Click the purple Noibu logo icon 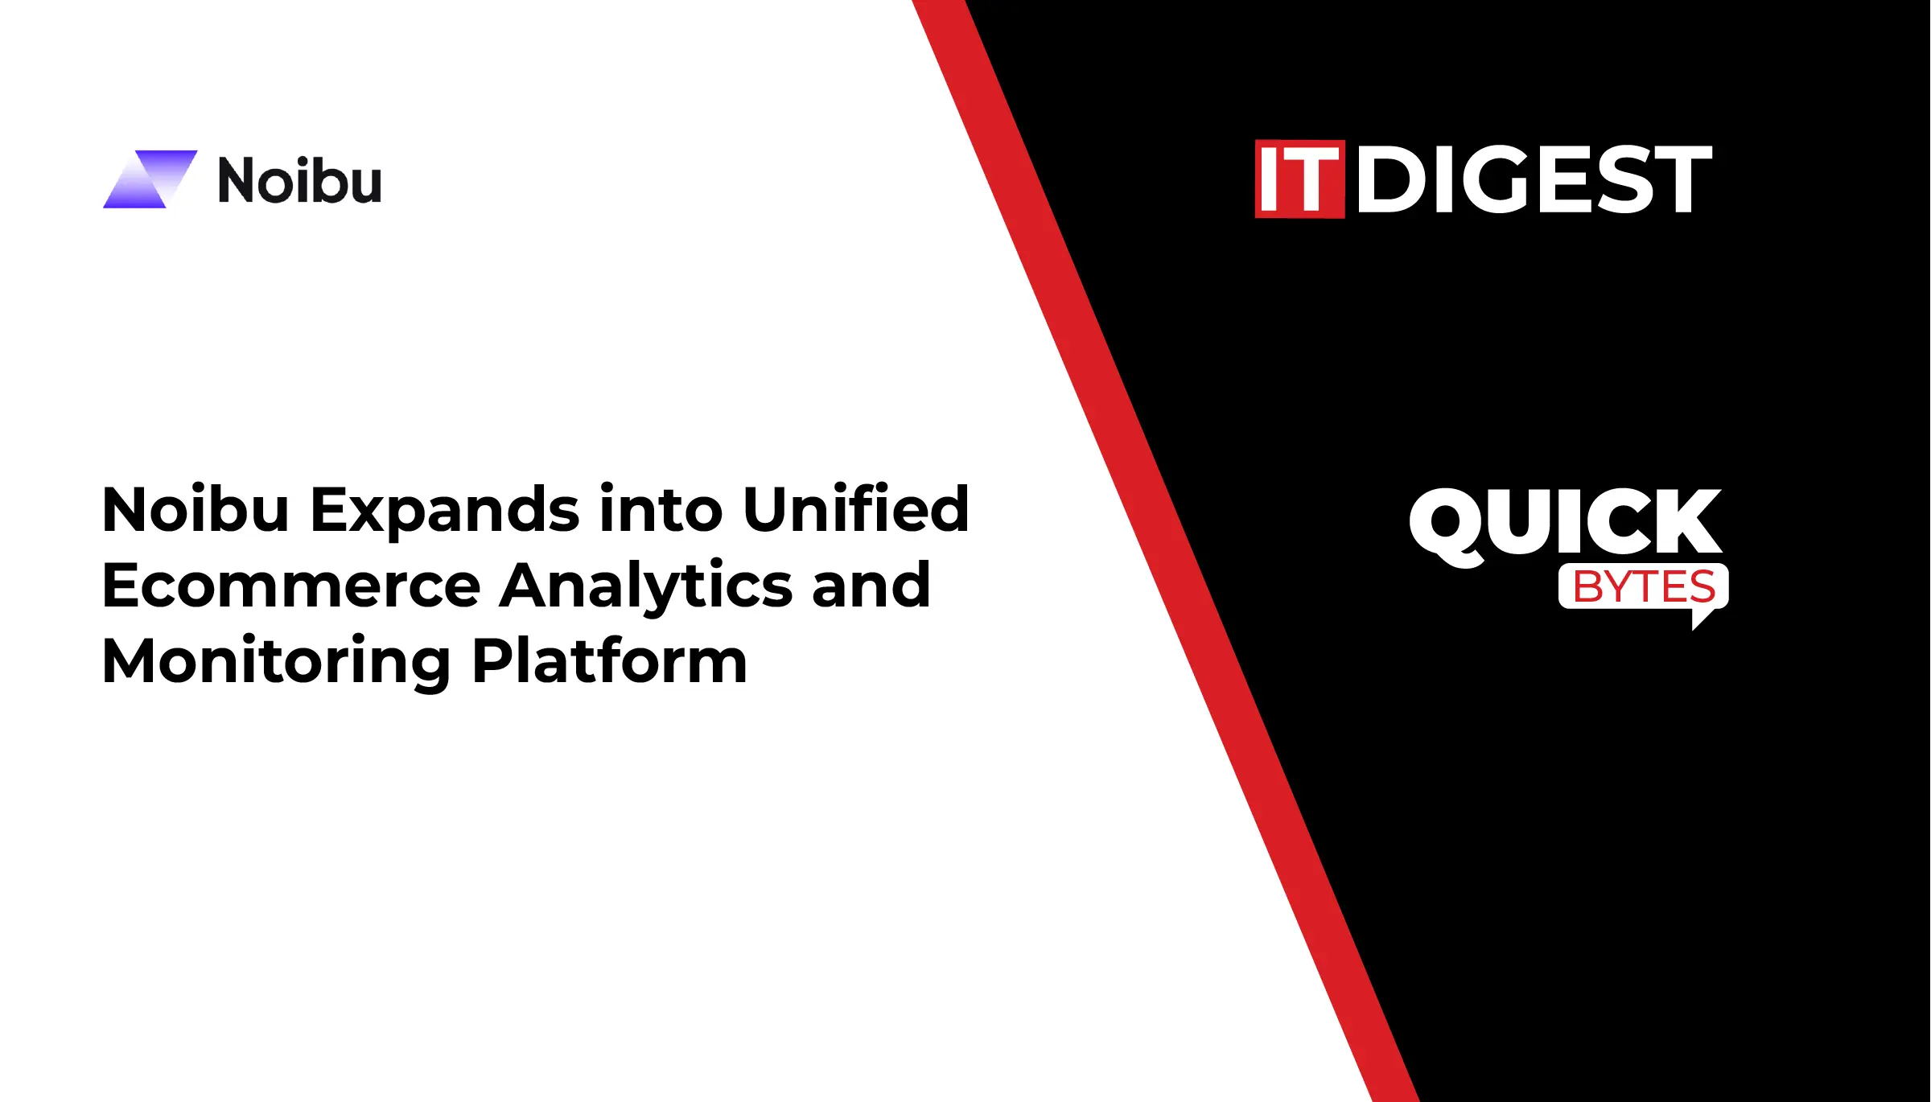pyautogui.click(x=150, y=179)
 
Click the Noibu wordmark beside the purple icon pyautogui.click(x=299, y=180)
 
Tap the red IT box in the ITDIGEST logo pyautogui.click(x=1299, y=179)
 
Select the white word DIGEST pyautogui.click(x=1534, y=179)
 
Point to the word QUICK pyautogui.click(x=1565, y=524)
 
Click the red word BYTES pyautogui.click(x=1644, y=586)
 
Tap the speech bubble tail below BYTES pyautogui.click(x=1704, y=618)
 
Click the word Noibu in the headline pyautogui.click(x=196, y=509)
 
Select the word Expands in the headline pyautogui.click(x=445, y=512)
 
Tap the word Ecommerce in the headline pyautogui.click(x=291, y=586)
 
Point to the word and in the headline pyautogui.click(x=871, y=584)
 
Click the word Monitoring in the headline pyautogui.click(x=276, y=662)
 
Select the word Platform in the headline pyautogui.click(x=610, y=660)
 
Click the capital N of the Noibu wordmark pyautogui.click(x=237, y=180)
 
